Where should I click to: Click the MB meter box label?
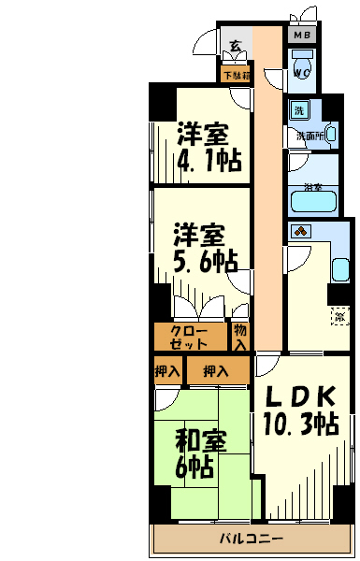point(302,36)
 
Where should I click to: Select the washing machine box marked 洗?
point(299,109)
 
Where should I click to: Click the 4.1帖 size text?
point(209,161)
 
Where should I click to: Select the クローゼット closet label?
point(190,337)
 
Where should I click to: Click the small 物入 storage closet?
point(240,337)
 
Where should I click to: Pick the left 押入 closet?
point(168,371)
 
